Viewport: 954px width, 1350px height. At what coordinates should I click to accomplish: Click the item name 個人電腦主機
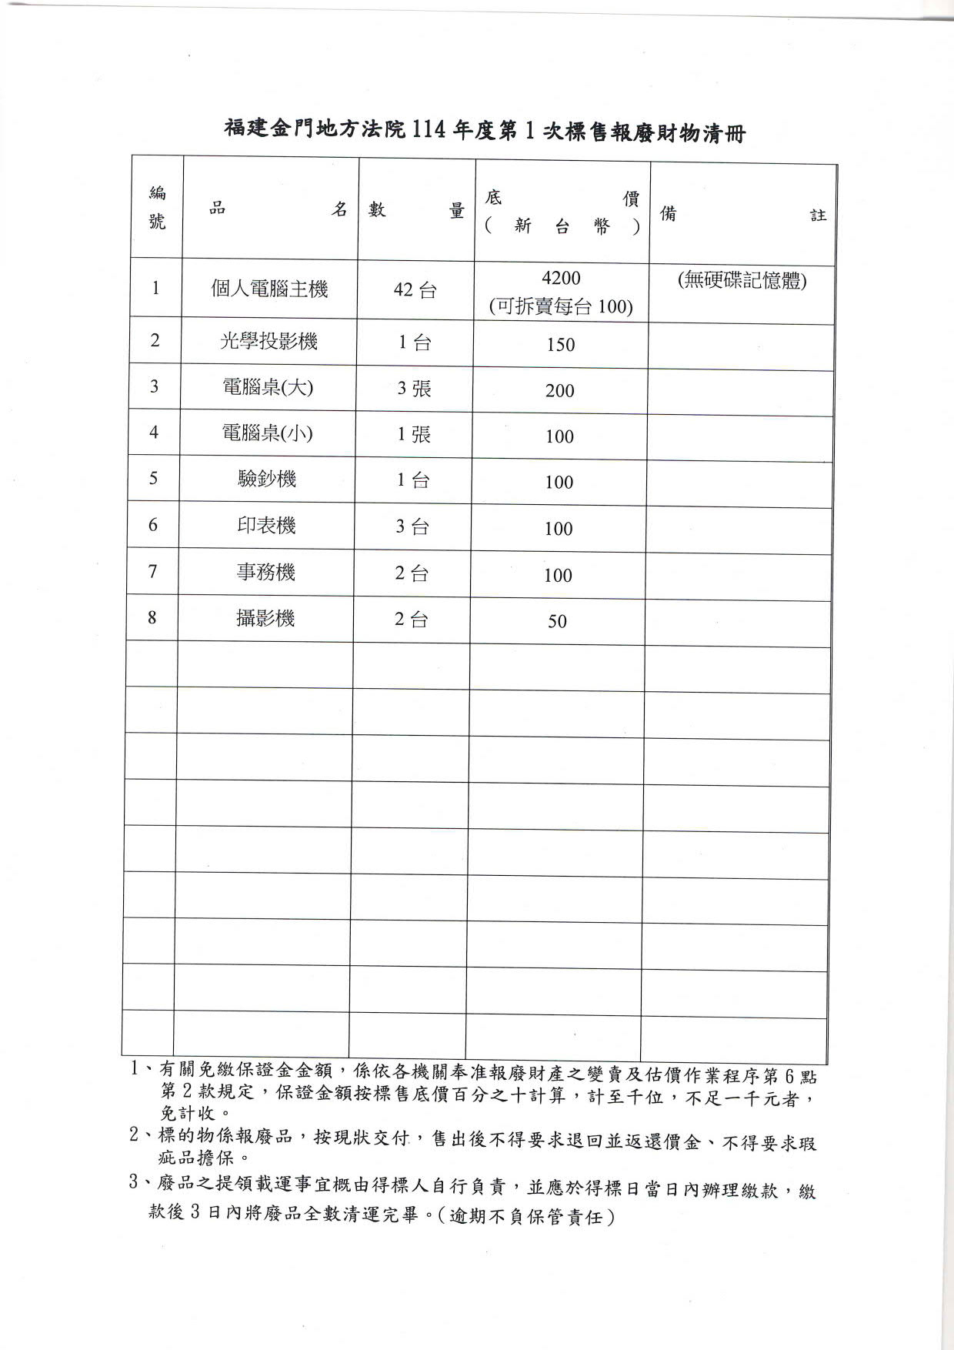[x=269, y=289]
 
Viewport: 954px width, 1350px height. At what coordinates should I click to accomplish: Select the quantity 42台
[x=415, y=291]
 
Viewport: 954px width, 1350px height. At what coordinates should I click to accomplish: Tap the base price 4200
[x=561, y=278]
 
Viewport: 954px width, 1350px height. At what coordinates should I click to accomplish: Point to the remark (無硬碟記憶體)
[x=742, y=281]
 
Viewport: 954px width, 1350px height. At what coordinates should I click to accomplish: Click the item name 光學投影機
[x=269, y=341]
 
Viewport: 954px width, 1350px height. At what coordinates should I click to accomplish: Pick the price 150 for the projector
[x=561, y=345]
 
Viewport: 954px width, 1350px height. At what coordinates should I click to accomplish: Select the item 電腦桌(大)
[x=268, y=387]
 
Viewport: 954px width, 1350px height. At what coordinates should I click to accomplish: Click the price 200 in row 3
[x=559, y=391]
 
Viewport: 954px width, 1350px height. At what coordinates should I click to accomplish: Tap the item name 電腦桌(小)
[x=267, y=433]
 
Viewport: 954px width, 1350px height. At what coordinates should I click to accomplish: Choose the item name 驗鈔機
[x=267, y=480]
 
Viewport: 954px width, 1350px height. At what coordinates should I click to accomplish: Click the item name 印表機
[x=266, y=526]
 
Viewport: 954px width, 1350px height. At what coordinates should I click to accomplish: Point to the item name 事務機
[x=265, y=572]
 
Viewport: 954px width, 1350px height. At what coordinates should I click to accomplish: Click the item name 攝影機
[x=265, y=618]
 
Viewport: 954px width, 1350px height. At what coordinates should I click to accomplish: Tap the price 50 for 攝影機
[x=557, y=622]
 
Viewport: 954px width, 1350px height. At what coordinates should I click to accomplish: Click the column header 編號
[x=157, y=208]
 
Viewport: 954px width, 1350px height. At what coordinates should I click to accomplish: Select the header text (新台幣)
[x=562, y=226]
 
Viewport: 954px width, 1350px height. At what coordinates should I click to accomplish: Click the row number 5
[x=153, y=479]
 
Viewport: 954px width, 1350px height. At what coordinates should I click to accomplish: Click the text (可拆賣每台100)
[x=561, y=307]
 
